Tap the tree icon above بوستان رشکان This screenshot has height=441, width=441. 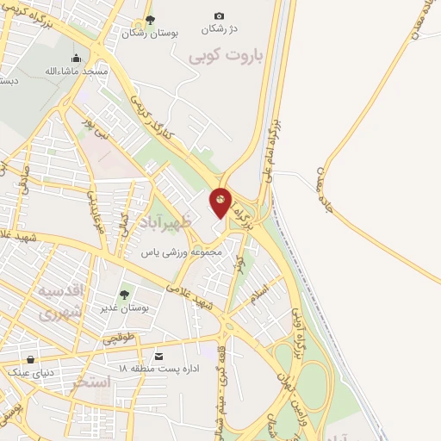150,19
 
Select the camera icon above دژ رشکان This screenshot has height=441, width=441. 219,16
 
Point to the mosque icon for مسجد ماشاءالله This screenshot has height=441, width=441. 77,59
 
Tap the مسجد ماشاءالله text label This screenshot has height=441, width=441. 78,71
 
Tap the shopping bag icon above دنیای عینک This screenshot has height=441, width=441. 31,360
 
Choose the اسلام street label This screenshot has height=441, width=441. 259,295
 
